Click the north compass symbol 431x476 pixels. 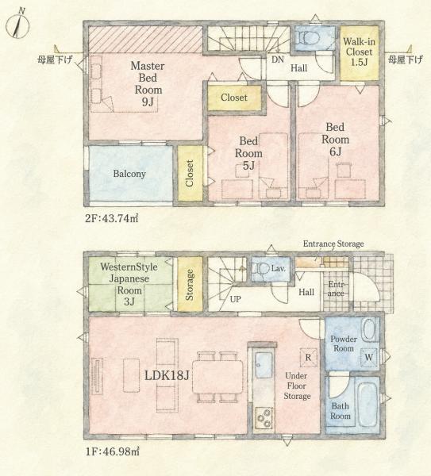coord(18,25)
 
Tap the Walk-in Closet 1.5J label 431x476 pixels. coord(359,52)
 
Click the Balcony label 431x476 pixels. coord(129,174)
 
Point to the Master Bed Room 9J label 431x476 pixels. coord(148,84)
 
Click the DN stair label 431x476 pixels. coord(278,59)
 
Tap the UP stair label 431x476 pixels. coord(235,299)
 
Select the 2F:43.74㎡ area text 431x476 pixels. coord(111,218)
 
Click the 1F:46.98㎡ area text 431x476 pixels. coord(112,451)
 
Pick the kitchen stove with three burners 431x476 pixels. coord(264,418)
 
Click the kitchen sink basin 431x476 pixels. coord(264,365)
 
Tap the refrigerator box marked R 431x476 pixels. coord(308,357)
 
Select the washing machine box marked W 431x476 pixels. coord(369,357)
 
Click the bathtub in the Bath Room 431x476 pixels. coord(367,405)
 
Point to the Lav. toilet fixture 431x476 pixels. coord(262,269)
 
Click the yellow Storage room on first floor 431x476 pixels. coord(190,284)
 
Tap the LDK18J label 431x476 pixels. coord(167,376)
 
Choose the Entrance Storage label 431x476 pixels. coord(333,244)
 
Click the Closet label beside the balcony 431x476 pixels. coord(190,173)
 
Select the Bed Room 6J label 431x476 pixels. coord(335,140)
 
